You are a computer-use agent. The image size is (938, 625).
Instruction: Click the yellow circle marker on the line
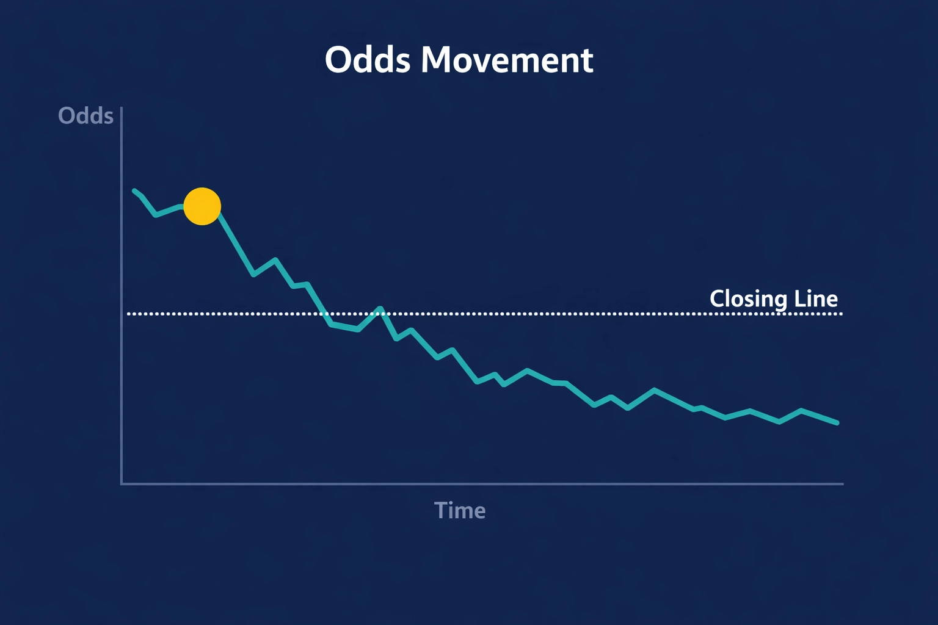[x=202, y=206]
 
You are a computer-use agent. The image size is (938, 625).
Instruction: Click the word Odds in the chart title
[x=367, y=60]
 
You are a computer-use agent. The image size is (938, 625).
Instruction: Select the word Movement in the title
[x=507, y=60]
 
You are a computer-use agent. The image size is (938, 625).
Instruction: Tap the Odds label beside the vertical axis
[x=85, y=116]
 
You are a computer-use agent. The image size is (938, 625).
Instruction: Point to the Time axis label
[x=460, y=510]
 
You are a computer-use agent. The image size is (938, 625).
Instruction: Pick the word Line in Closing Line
[x=816, y=298]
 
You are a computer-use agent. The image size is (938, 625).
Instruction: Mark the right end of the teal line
[x=837, y=422]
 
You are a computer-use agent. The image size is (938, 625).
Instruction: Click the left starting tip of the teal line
[x=134, y=191]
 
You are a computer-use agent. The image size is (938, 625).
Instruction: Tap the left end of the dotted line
[x=128, y=314]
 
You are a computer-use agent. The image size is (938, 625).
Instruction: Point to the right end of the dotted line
[x=841, y=314]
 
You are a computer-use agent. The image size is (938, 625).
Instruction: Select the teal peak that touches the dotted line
[x=380, y=309]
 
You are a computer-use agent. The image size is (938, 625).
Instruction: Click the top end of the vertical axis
[x=122, y=108]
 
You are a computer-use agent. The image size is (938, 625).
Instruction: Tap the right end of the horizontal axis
[x=843, y=484]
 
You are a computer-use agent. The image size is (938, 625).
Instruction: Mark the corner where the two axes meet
[x=122, y=484]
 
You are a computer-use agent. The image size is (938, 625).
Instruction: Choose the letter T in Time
[x=440, y=510]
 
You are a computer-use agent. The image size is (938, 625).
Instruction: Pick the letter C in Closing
[x=718, y=299]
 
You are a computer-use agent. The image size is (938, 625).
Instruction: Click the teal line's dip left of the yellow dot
[x=156, y=215]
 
